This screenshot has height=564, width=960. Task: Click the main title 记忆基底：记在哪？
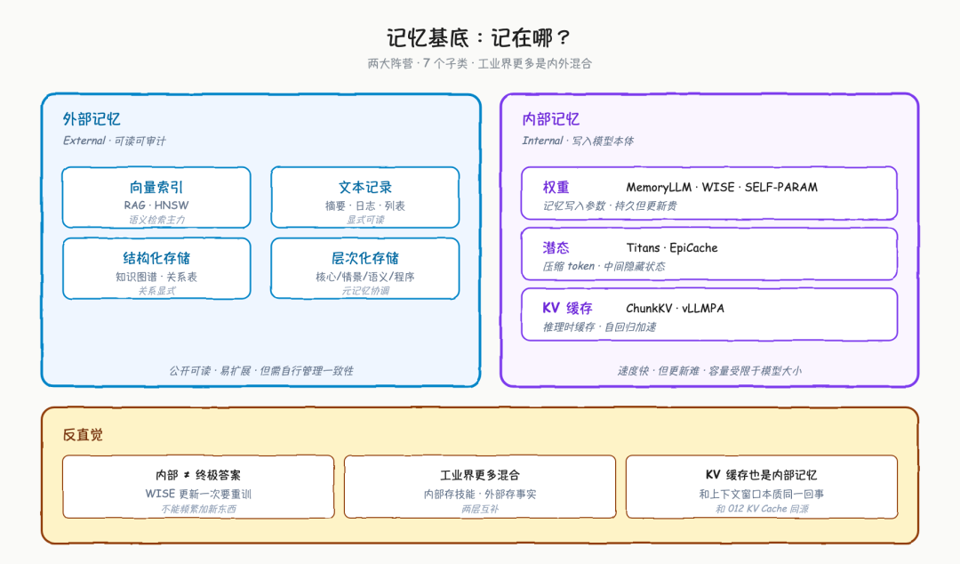pyautogui.click(x=479, y=38)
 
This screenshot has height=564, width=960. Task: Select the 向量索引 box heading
pyautogui.click(x=156, y=187)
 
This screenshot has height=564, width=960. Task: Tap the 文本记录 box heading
pyautogui.click(x=365, y=187)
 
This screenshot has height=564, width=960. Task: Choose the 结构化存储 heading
pyautogui.click(x=156, y=258)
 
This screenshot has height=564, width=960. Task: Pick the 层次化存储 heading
pyautogui.click(x=365, y=258)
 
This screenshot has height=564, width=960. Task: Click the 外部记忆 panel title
pyautogui.click(x=92, y=119)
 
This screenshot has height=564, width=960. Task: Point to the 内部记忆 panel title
pyautogui.click(x=550, y=119)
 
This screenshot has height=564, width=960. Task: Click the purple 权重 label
pyautogui.click(x=556, y=187)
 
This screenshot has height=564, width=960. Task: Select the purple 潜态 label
pyautogui.click(x=556, y=247)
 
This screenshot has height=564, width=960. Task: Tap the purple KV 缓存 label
pyautogui.click(x=567, y=308)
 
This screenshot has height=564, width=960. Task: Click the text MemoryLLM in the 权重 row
pyautogui.click(x=658, y=187)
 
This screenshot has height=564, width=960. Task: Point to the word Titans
pyautogui.click(x=643, y=247)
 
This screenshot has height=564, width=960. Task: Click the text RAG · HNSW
pyautogui.click(x=156, y=205)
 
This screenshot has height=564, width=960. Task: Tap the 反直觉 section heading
pyautogui.click(x=83, y=435)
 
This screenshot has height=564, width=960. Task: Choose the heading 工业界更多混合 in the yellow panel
pyautogui.click(x=479, y=475)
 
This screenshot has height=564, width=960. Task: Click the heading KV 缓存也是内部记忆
pyautogui.click(x=761, y=475)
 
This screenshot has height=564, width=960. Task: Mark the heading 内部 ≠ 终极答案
pyautogui.click(x=197, y=475)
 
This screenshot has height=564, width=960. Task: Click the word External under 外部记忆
pyautogui.click(x=84, y=141)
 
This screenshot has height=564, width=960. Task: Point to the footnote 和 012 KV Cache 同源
pyautogui.click(x=762, y=509)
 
